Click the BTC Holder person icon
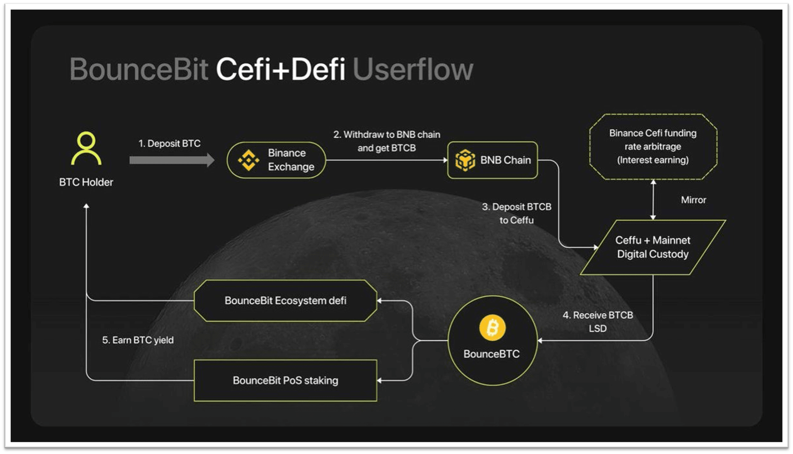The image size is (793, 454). point(86,148)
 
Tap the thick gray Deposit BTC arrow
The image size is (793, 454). point(172,160)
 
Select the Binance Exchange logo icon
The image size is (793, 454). point(249,160)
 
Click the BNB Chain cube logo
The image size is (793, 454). point(465,160)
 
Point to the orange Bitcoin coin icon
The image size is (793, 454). point(492,328)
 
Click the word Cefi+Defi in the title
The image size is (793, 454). point(281,69)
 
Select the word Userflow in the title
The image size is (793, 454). point(413,69)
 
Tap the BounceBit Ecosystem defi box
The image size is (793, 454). point(286,301)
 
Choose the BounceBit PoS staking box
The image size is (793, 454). point(286,381)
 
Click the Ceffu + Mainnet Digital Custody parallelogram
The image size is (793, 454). point(653,247)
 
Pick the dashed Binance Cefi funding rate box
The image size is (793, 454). point(653,147)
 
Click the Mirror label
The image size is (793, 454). point(694,200)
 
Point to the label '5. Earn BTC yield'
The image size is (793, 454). point(138,340)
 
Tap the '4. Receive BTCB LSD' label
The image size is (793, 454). point(598,322)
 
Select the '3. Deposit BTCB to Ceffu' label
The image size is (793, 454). point(517,213)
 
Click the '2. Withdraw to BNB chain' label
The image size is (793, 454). point(387,134)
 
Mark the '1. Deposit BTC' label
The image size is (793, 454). point(170,143)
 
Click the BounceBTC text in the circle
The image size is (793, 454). point(492,354)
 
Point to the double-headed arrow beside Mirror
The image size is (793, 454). point(653,200)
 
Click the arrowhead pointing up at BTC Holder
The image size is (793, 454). point(86,206)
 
